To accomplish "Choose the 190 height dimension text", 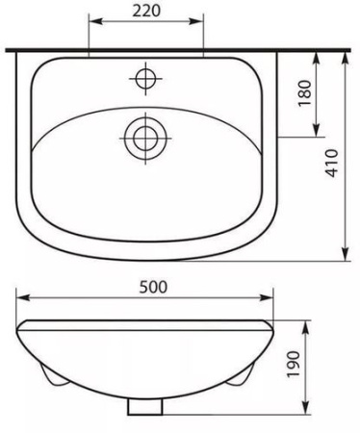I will pos(322,364).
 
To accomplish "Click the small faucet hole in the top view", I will pos(146,75).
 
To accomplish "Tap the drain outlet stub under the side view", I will pos(146,407).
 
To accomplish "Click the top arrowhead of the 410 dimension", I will pos(347,54).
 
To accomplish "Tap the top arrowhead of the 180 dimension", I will pos(314,54).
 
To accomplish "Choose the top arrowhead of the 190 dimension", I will pos(307,324).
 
